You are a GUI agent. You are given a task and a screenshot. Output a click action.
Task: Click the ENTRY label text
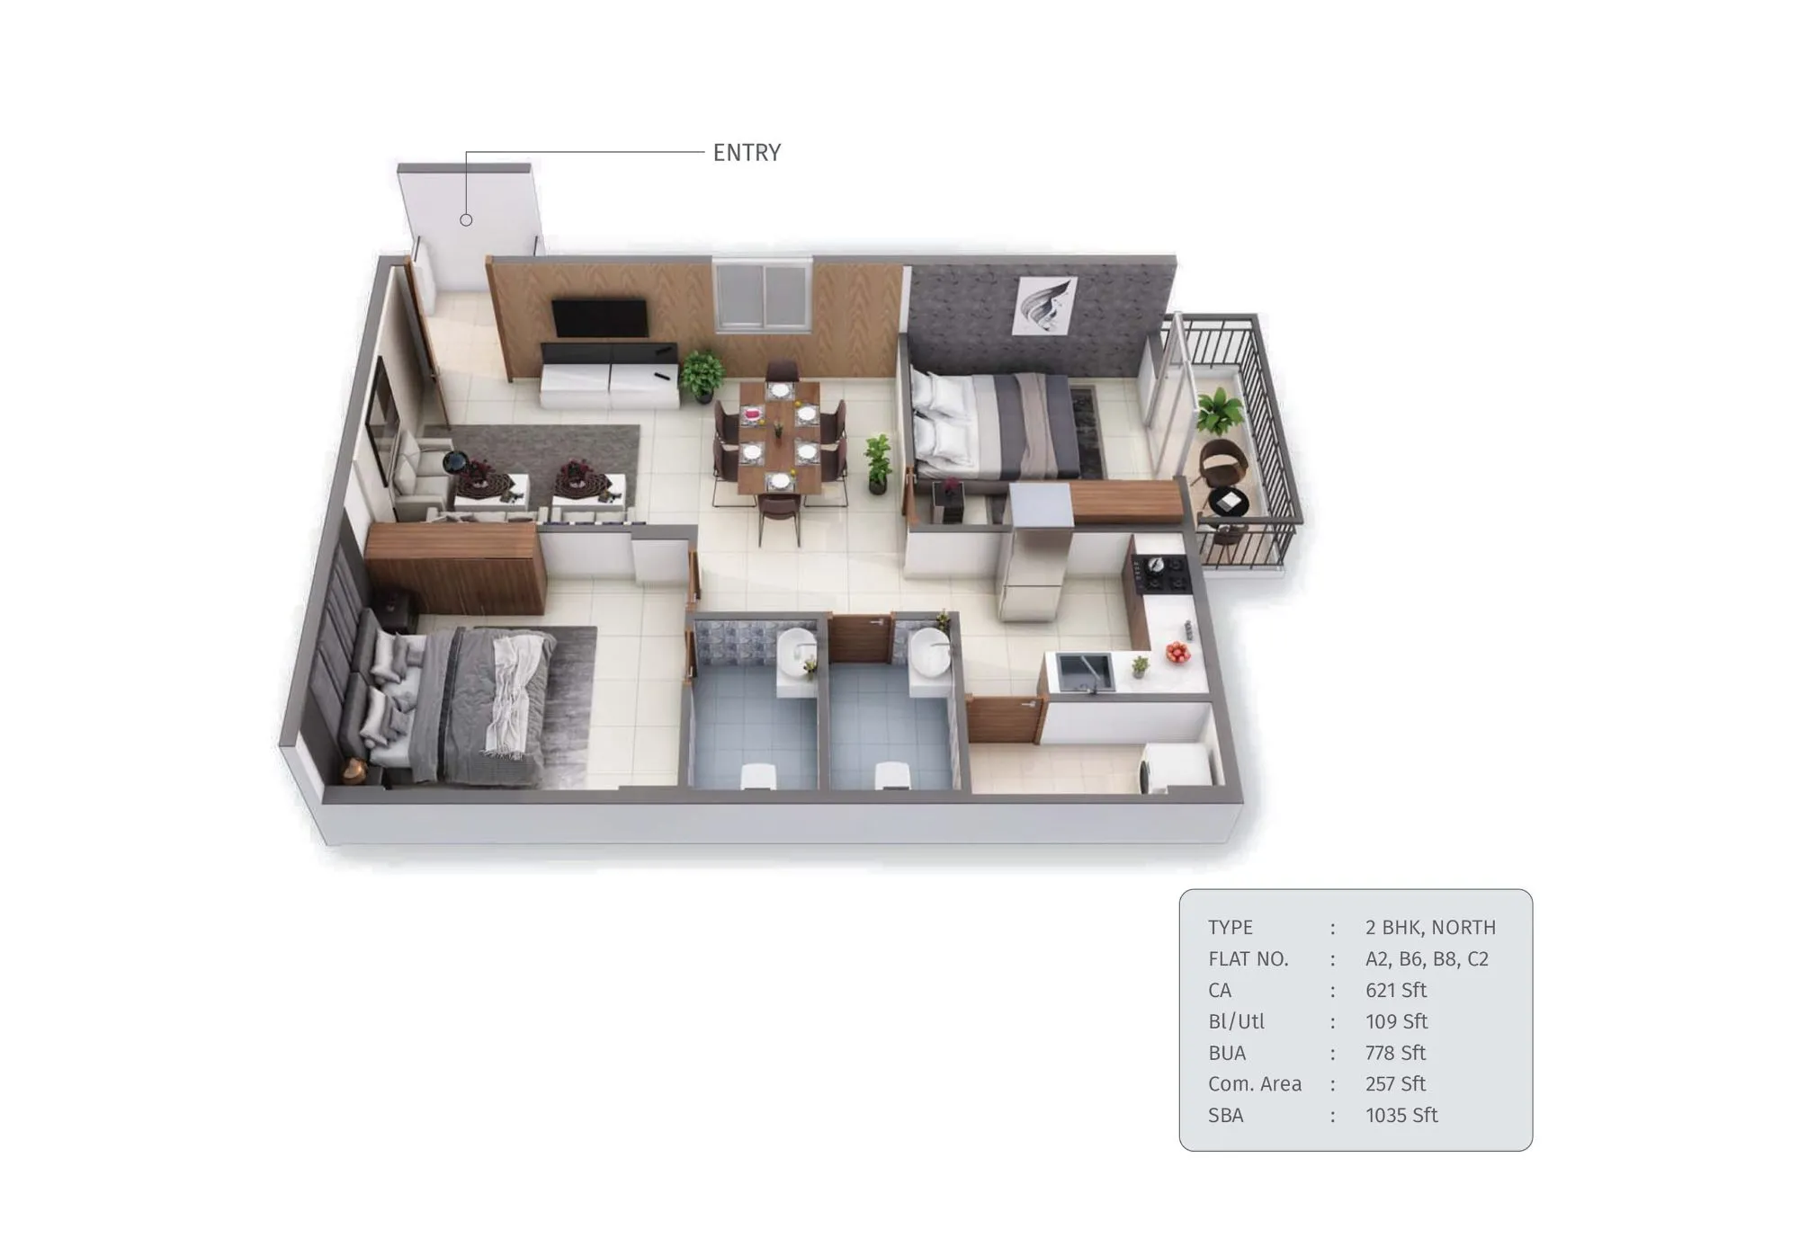point(747,153)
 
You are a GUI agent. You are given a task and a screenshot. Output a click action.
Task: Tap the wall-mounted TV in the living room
point(599,318)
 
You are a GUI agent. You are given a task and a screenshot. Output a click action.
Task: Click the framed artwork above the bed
point(1044,307)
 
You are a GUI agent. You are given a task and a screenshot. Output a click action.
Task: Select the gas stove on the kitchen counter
point(1161,573)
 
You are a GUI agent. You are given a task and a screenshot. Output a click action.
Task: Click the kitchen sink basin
point(1084,672)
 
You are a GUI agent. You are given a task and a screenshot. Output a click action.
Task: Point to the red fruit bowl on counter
point(1177,652)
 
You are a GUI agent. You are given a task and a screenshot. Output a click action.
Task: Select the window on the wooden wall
point(763,296)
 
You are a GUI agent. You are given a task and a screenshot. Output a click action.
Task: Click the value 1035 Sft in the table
point(1401,1116)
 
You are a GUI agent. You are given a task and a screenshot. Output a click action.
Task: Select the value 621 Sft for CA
point(1395,991)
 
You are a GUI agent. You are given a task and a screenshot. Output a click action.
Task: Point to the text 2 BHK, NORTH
point(1430,928)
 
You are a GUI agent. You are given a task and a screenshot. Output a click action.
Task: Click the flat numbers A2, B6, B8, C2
point(1427,959)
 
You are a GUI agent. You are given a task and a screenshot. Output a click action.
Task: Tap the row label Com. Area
point(1254,1084)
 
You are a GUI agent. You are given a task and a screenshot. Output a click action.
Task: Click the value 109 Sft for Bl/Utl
point(1396,1022)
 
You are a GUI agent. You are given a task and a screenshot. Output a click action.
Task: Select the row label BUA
point(1227,1053)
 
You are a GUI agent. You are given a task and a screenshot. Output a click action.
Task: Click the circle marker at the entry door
point(466,220)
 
